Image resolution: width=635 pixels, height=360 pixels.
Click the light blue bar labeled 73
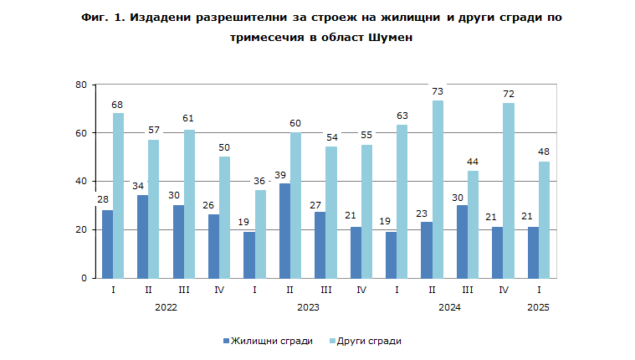(438, 189)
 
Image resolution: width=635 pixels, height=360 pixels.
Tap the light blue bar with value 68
(118, 195)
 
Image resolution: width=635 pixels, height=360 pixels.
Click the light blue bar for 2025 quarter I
(545, 219)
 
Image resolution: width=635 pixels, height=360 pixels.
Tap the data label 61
(189, 118)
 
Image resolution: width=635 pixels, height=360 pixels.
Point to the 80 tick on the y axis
(81, 85)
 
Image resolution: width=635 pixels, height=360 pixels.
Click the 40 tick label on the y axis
(81, 182)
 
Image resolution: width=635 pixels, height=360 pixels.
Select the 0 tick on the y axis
(84, 278)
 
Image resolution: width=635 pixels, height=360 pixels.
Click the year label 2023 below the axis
(308, 307)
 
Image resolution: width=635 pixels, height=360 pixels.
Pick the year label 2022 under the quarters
(166, 307)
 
